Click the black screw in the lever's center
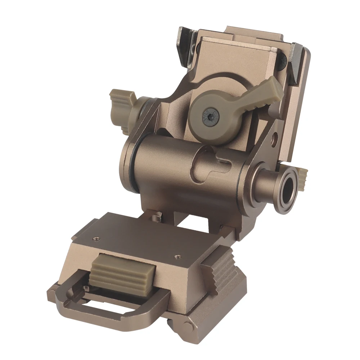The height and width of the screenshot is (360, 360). click(210, 117)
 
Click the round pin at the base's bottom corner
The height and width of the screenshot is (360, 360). click(188, 327)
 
